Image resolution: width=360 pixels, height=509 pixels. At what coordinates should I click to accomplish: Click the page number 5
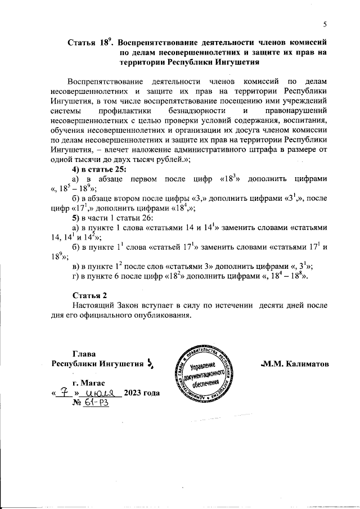click(325, 24)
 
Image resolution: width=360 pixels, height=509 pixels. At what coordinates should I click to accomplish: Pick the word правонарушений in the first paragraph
click(299, 111)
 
